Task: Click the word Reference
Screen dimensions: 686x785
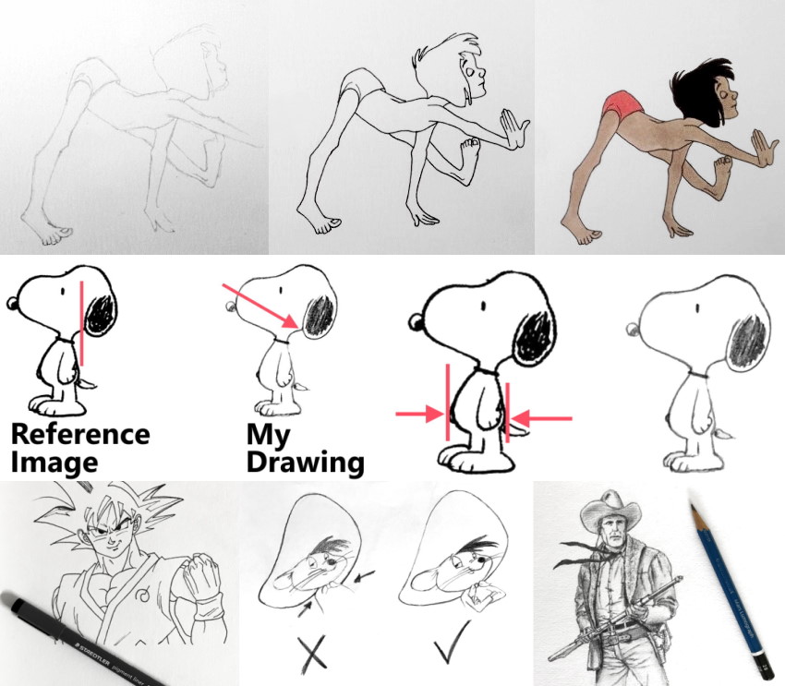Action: [79, 434]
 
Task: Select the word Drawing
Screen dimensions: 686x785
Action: [304, 462]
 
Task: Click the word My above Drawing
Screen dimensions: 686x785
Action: [267, 434]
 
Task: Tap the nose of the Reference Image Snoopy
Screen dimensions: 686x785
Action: [11, 302]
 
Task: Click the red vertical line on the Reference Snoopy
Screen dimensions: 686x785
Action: [82, 323]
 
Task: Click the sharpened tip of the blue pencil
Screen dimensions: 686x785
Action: [693, 506]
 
